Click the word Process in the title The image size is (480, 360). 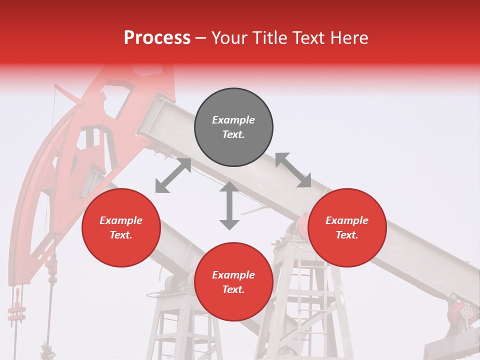pos(157,37)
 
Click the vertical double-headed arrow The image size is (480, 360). pos(229,205)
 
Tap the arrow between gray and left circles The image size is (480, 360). pos(173,175)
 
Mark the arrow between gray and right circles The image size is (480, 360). pos(293,170)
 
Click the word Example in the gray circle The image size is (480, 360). pos(233,120)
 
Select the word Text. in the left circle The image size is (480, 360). pos(121,235)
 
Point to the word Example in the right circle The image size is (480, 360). pos(347,220)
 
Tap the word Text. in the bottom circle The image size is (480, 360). pos(233,289)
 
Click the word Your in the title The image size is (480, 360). pos(227,37)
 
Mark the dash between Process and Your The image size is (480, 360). pos(200,37)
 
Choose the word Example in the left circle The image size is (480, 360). pos(121,220)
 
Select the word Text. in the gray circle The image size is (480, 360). pos(233,134)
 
